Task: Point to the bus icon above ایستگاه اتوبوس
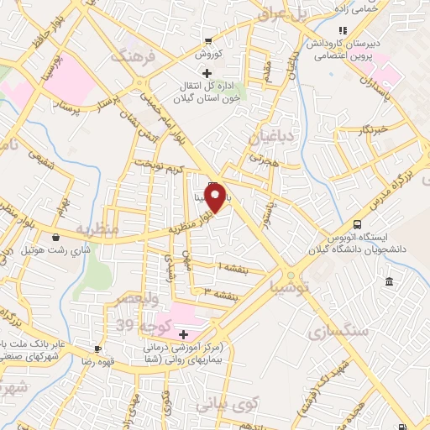pos(358,225)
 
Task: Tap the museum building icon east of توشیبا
pos(389,281)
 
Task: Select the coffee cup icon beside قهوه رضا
pos(98,348)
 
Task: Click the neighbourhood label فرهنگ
pos(131,58)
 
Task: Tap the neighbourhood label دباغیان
pos(270,133)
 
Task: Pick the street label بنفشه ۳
pos(221,292)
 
